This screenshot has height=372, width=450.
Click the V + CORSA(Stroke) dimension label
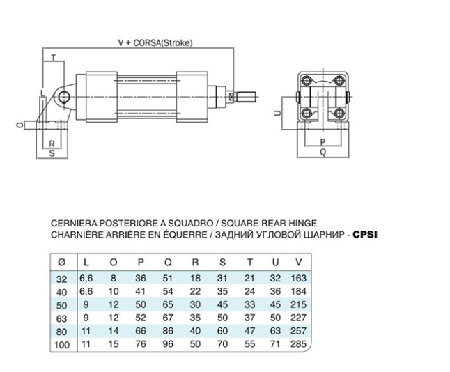[155, 42]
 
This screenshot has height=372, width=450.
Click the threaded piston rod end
[245, 97]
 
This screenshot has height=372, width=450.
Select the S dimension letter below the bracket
[52, 153]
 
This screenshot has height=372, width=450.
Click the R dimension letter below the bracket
[52, 144]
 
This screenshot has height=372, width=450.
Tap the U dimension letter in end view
[277, 113]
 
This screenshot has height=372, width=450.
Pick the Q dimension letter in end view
[323, 152]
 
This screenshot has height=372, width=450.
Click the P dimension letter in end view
[323, 142]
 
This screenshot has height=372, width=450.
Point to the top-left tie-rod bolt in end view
[307, 79]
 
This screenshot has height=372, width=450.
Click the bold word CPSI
[365, 235]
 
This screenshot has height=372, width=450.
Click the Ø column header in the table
[62, 262]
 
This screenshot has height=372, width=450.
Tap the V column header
[299, 262]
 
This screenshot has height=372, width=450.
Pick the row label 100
[62, 344]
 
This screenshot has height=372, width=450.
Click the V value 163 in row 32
[298, 278]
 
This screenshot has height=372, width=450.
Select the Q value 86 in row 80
[168, 331]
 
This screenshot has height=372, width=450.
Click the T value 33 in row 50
[249, 304]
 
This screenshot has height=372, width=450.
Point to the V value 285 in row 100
[298, 343]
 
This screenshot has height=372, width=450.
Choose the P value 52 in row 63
[141, 318]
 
